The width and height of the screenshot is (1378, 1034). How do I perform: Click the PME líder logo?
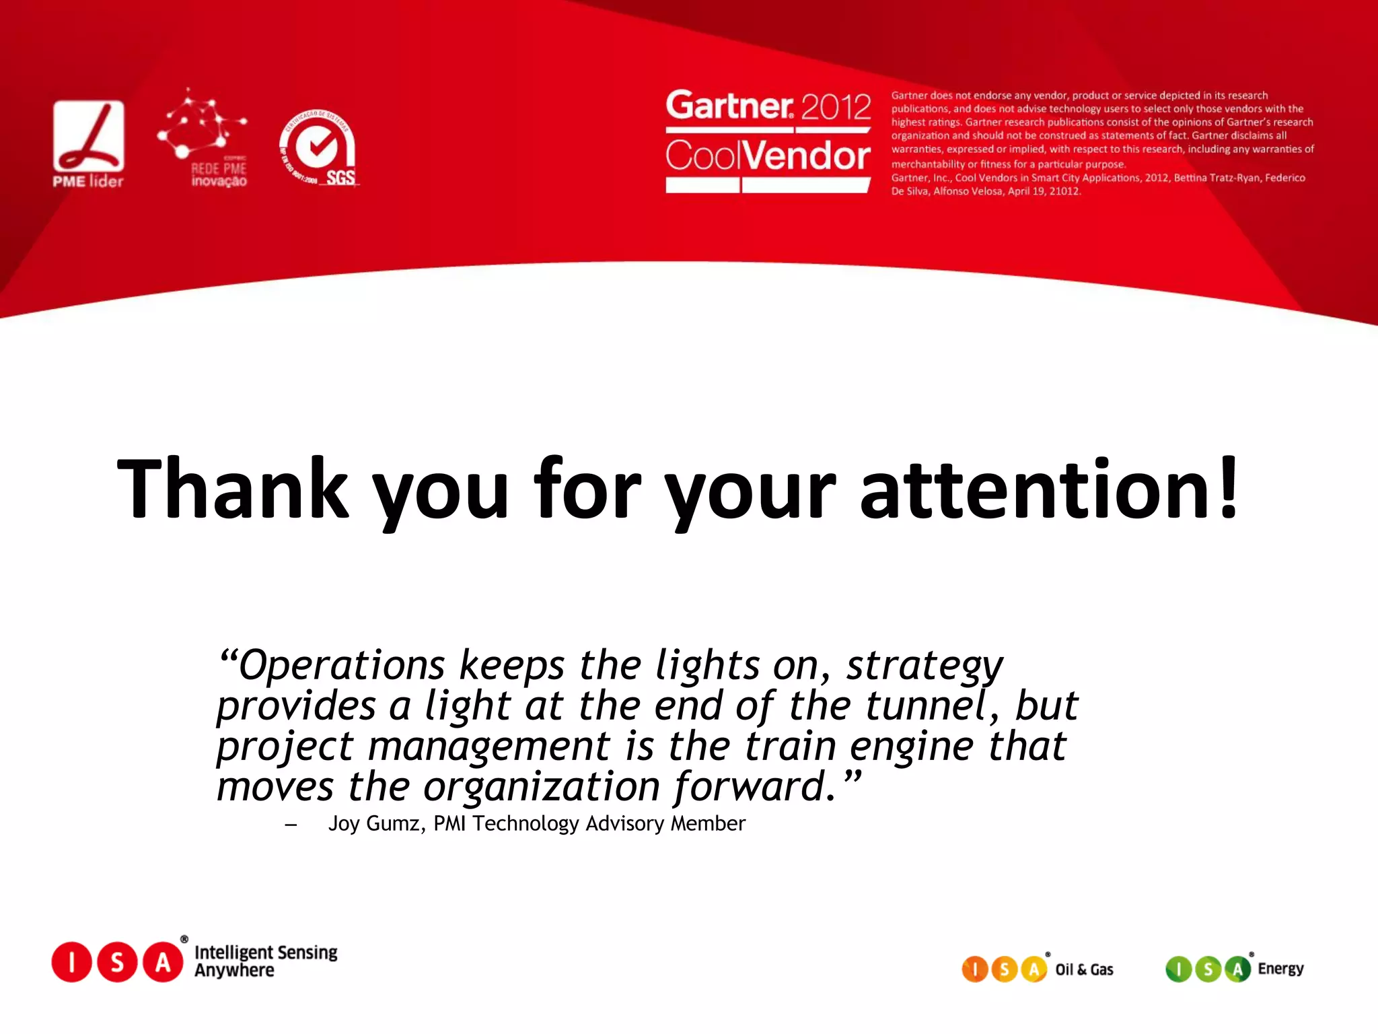88,143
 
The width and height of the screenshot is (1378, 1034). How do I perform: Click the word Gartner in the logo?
729,106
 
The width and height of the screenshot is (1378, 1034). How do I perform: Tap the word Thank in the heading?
233,489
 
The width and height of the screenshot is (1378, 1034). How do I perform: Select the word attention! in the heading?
1050,489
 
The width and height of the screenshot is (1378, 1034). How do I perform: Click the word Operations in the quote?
342,666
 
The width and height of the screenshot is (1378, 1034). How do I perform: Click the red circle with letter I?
71,962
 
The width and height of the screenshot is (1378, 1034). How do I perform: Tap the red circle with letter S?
117,962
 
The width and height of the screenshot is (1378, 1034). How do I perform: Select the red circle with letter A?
163,962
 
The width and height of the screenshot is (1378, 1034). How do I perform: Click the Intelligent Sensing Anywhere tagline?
266,961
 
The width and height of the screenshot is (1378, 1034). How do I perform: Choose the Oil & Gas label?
1084,969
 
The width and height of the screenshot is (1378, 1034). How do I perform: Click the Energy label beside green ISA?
1280,969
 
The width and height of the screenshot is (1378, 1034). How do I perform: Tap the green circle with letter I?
1178,969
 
